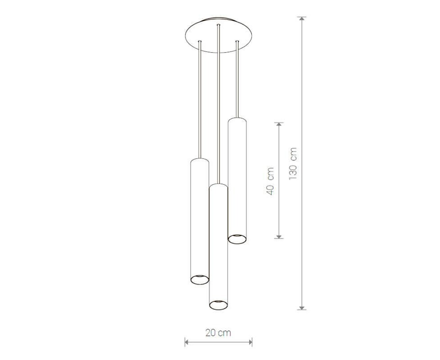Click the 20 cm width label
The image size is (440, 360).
[x=218, y=333]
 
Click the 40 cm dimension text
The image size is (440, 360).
[x=270, y=181]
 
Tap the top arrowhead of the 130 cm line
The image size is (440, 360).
[x=302, y=19]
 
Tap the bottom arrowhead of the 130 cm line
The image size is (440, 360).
[x=302, y=307]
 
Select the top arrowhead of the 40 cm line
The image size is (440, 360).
[x=278, y=124]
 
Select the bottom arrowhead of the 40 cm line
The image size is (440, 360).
[x=278, y=236]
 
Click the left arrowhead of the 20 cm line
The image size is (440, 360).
[x=187, y=342]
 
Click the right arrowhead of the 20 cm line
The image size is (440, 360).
[x=250, y=342]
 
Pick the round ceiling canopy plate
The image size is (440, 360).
[x=219, y=36]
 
